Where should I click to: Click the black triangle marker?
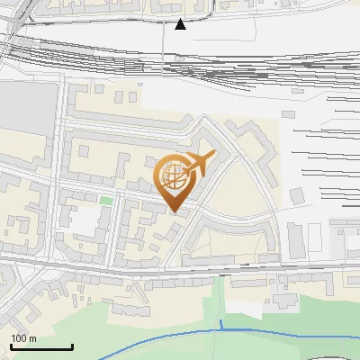pos(180,24)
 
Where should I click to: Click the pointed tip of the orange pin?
pos(176,211)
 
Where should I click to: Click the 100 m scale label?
pos(23,338)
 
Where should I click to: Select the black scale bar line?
pos(41,346)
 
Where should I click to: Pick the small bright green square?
pos(106,201)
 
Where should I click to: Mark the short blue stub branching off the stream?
pos(220,325)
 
